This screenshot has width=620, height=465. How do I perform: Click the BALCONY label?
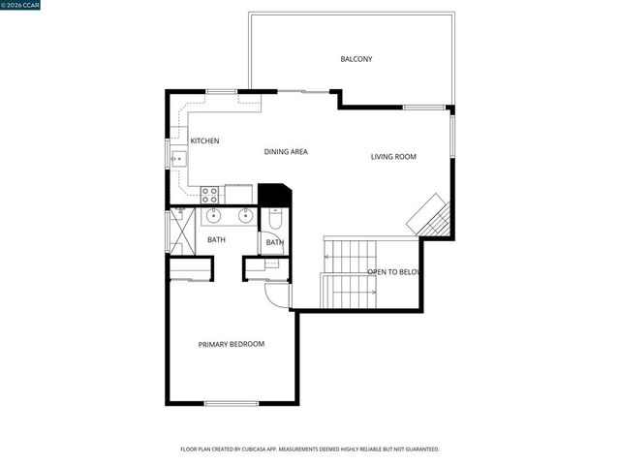356,59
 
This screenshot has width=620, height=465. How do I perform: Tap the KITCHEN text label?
204,141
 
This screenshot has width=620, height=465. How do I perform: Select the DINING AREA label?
286,152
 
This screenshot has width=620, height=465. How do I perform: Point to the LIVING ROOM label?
393,157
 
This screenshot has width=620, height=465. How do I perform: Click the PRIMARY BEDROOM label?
232,344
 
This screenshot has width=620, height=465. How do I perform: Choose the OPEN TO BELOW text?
395,273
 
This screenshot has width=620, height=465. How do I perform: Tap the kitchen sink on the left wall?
176,156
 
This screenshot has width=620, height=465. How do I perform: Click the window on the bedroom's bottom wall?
231,402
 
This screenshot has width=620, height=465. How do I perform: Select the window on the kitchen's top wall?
221,91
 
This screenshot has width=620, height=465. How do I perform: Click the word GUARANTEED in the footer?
420,449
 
